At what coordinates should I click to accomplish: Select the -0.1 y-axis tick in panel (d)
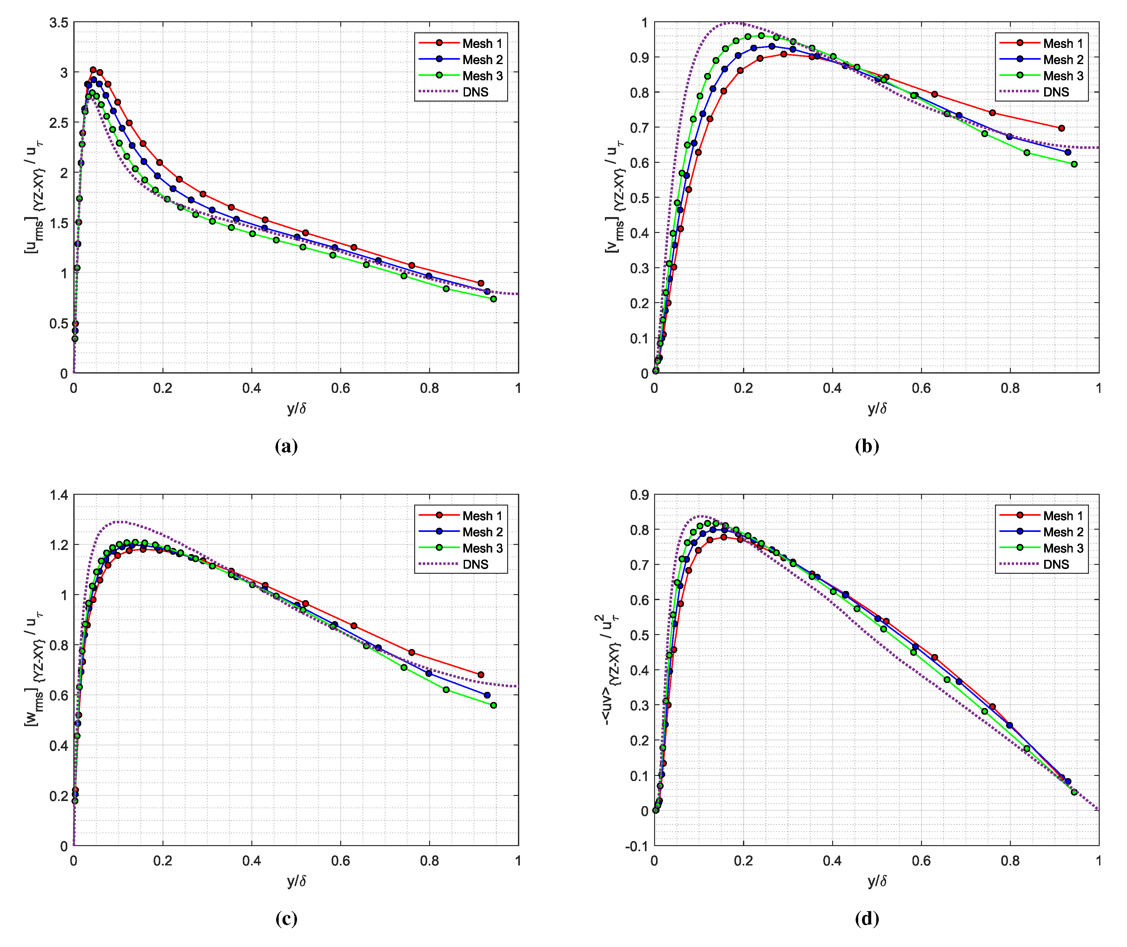point(637,846)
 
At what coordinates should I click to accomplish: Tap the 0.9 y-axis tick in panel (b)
point(639,57)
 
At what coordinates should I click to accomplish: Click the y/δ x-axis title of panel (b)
point(877,408)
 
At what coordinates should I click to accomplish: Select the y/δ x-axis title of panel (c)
point(296,881)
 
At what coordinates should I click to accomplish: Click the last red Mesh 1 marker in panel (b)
point(1062,128)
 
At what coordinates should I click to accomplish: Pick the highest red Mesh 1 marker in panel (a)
point(93,70)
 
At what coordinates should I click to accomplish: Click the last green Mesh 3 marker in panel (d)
point(1074,792)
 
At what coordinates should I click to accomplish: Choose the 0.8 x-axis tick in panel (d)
point(1010,861)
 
